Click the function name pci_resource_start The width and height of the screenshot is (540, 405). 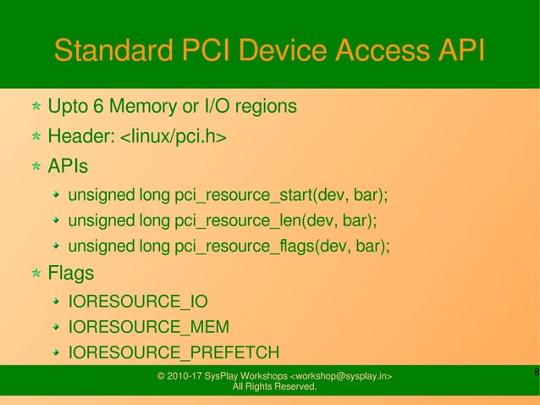pyautogui.click(x=243, y=196)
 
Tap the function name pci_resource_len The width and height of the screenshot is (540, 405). pyautogui.click(x=238, y=221)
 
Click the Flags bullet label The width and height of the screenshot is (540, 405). pyautogui.click(x=71, y=274)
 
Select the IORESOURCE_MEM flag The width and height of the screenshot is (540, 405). pyautogui.click(x=148, y=327)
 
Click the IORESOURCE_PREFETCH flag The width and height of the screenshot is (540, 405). pyautogui.click(x=174, y=353)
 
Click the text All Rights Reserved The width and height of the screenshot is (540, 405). pyautogui.click(x=274, y=387)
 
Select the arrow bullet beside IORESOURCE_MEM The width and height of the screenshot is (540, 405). pyautogui.click(x=57, y=327)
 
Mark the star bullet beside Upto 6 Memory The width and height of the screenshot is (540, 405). pyautogui.click(x=36, y=108)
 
